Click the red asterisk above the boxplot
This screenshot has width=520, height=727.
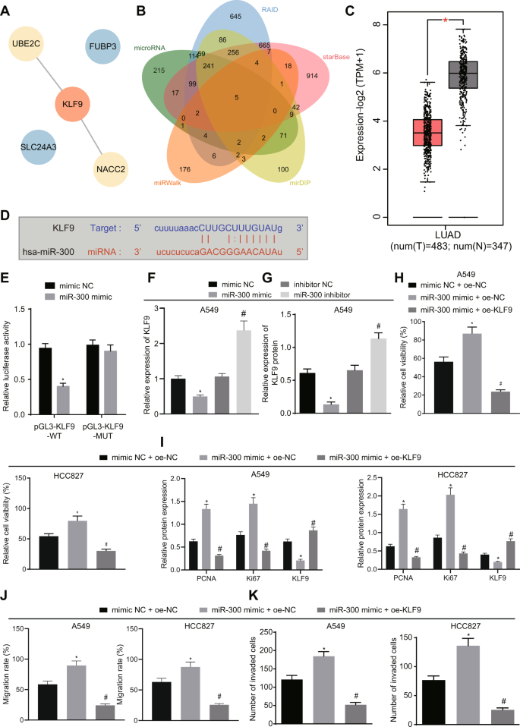click(444, 14)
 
